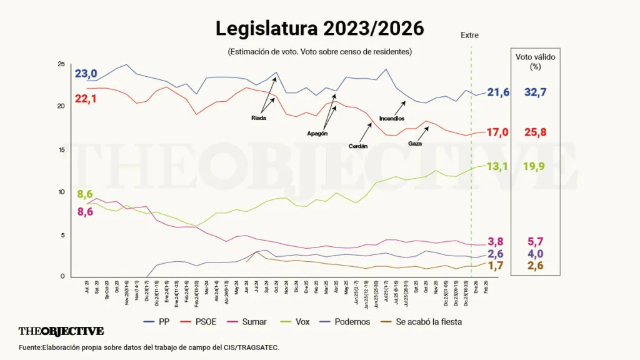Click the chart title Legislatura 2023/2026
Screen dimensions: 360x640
tap(319, 28)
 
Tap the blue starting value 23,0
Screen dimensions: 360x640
tap(86, 74)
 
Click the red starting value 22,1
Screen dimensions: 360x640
tap(86, 98)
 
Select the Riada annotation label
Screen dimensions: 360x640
tap(259, 117)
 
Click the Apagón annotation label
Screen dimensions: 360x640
tap(317, 133)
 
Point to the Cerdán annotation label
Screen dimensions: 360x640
tap(358, 146)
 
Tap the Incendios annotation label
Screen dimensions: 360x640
tap(392, 118)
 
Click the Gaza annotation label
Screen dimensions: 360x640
tap(415, 143)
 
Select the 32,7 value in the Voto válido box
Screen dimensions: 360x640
tap(535, 92)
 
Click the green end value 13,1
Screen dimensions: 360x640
tap(498, 166)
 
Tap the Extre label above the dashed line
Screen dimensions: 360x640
tap(469, 35)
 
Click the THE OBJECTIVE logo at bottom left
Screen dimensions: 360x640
tap(61, 331)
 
